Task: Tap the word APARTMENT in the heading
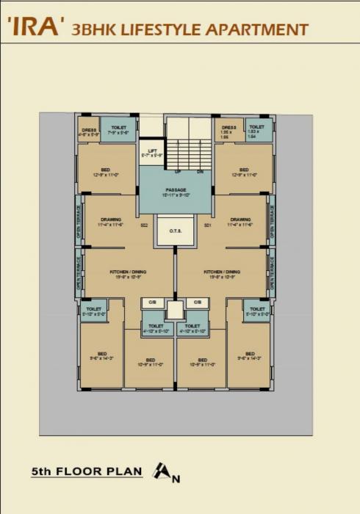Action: tap(258, 29)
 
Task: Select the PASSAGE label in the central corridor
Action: tap(176, 190)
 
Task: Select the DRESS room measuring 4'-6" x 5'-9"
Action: tap(88, 131)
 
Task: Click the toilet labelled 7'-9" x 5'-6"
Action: tap(118, 130)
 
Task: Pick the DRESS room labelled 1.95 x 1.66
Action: tap(228, 131)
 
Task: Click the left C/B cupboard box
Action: tap(153, 302)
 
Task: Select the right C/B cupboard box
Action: tap(196, 302)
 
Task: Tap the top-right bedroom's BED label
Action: tap(243, 170)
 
